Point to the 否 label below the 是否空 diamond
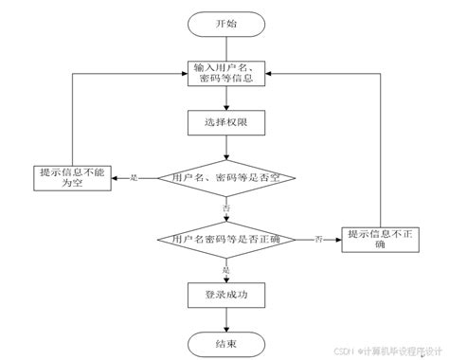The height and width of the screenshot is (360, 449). tap(225, 207)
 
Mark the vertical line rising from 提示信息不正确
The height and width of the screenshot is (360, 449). tap(379, 152)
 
